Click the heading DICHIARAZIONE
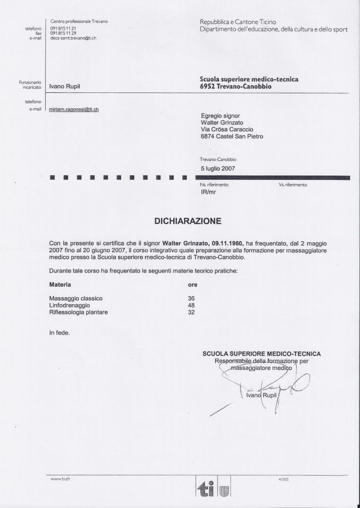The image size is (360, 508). tap(188, 221)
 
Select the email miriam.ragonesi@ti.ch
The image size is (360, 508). tap(74, 109)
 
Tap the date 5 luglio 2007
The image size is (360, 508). tap(218, 168)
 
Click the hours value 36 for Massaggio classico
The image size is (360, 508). tap(191, 298)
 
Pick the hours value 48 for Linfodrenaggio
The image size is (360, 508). tap(191, 306)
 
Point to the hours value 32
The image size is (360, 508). tap(191, 313)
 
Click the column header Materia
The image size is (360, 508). tap(60, 285)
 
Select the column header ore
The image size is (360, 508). tap(193, 285)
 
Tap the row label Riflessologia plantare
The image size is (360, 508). tap(78, 313)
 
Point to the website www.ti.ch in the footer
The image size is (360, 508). tap(62, 479)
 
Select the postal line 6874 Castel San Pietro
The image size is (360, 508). tap(232, 136)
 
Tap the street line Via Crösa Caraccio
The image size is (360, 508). tap(227, 129)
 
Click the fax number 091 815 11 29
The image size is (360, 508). tap(63, 33)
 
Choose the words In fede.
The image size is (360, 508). tap(60, 333)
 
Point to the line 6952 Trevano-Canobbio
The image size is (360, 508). tap(235, 86)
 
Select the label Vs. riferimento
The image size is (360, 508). tap(293, 185)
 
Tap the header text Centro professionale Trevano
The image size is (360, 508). tap(79, 21)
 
